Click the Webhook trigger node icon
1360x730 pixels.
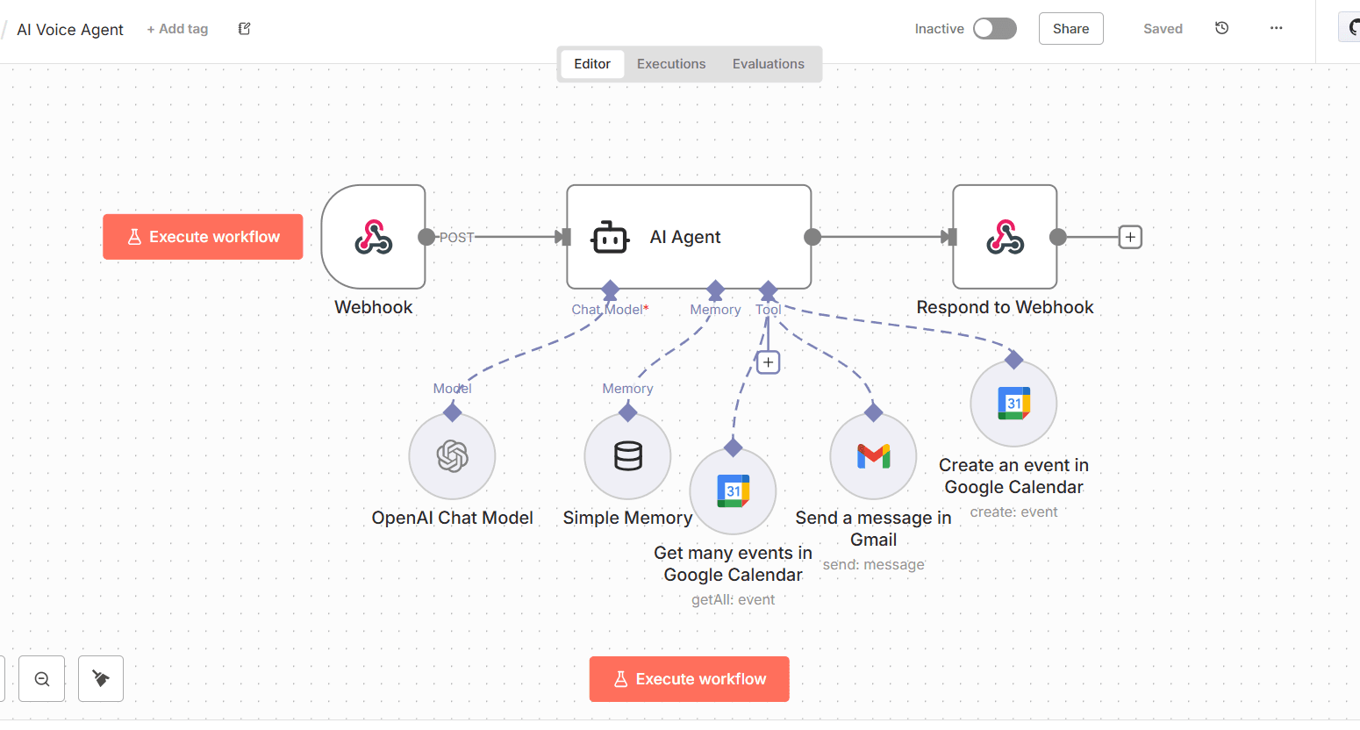click(x=374, y=237)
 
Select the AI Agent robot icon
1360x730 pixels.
click(x=610, y=237)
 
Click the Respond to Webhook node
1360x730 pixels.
click(x=1005, y=237)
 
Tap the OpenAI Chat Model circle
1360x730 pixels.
click(x=452, y=456)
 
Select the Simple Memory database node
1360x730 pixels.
click(x=627, y=456)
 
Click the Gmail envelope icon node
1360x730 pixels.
click(x=873, y=456)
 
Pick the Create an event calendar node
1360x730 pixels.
click(x=1013, y=404)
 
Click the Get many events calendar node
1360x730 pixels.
click(x=733, y=491)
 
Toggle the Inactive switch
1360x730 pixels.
click(x=994, y=29)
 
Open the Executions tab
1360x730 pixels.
click(x=671, y=64)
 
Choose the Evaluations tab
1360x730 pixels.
click(x=768, y=64)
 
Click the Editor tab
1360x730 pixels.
click(x=592, y=64)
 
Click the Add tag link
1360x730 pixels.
click(x=177, y=29)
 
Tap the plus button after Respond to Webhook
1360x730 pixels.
click(x=1130, y=237)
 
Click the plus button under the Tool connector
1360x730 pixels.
click(x=768, y=362)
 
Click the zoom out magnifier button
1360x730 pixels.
click(x=42, y=678)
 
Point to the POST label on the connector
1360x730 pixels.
click(x=456, y=237)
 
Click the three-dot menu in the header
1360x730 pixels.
click(x=1276, y=29)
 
